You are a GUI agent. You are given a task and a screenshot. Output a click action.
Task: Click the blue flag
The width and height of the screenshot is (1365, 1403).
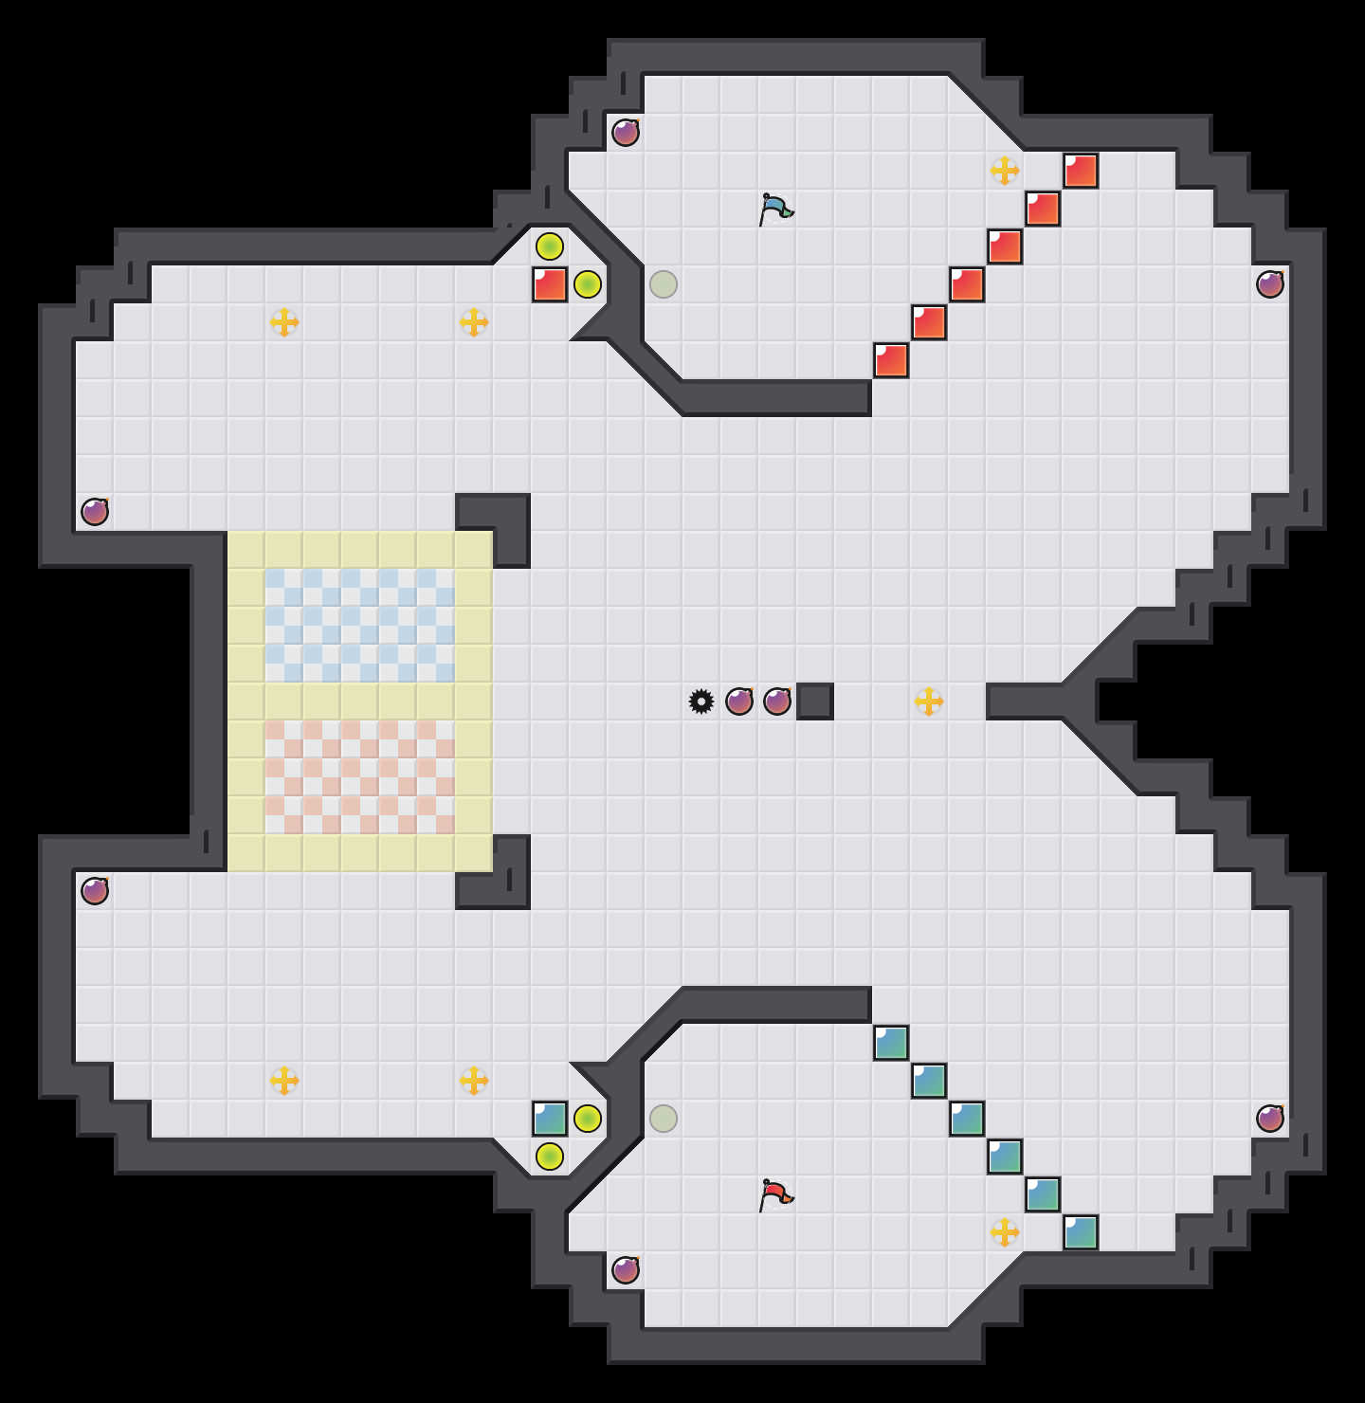click(775, 208)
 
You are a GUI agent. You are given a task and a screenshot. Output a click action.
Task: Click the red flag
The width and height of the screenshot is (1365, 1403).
click(775, 1193)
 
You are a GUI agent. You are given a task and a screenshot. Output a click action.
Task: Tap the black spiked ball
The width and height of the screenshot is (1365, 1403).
click(701, 701)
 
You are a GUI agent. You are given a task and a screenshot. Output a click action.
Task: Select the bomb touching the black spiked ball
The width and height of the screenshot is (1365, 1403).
click(739, 701)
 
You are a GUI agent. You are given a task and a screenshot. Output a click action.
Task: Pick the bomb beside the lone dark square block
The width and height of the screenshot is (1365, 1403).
click(777, 701)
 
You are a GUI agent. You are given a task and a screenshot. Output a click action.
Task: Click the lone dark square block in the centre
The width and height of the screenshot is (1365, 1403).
click(815, 701)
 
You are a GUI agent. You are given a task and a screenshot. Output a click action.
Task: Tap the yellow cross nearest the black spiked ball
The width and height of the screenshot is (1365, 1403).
click(929, 701)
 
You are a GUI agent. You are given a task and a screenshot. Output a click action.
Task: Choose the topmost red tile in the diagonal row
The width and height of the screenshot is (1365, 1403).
click(1081, 171)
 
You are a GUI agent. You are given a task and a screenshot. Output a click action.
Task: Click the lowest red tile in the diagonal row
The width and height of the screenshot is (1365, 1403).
click(891, 360)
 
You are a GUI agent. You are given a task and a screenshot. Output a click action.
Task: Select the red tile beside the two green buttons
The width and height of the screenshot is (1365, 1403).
click(550, 284)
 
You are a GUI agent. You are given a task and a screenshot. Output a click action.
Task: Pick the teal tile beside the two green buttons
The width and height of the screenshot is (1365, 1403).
click(550, 1119)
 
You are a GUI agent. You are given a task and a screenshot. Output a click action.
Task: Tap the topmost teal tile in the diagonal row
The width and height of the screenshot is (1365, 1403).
click(891, 1043)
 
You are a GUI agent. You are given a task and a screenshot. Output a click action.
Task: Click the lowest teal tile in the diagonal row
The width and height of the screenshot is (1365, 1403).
click(1081, 1232)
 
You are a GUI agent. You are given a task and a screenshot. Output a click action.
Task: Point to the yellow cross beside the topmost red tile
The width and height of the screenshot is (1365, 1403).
click(1005, 171)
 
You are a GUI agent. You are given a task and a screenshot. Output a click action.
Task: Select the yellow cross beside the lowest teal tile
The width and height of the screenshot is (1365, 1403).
click(1005, 1232)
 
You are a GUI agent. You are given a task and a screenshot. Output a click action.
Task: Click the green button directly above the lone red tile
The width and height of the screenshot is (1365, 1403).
click(550, 246)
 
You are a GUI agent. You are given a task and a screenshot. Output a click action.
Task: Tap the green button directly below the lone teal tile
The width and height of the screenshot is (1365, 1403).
click(550, 1157)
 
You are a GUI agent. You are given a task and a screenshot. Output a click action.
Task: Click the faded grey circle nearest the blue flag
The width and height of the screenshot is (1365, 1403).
click(664, 284)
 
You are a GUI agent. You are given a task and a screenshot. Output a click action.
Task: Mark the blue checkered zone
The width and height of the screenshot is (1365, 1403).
click(360, 626)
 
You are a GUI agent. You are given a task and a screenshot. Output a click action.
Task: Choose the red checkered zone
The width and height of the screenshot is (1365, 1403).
click(360, 777)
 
